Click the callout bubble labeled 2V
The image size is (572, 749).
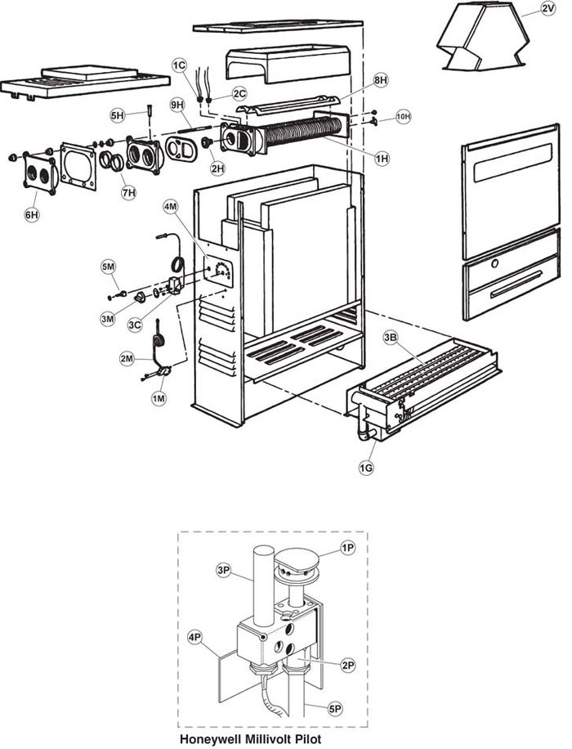(x=548, y=9)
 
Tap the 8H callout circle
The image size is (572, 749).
(x=381, y=80)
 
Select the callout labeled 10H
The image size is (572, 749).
(x=404, y=116)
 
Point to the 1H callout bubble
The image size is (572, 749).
(x=382, y=158)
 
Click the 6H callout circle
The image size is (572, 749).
(x=32, y=215)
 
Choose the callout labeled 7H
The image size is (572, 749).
(x=128, y=192)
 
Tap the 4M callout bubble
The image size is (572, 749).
(x=171, y=206)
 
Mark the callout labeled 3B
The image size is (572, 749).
(x=390, y=339)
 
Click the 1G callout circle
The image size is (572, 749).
(x=366, y=468)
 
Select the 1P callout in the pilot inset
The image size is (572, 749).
(x=347, y=549)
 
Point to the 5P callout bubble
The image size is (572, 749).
(x=335, y=710)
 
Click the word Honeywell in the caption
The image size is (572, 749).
(x=210, y=739)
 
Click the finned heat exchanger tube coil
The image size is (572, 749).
(x=303, y=131)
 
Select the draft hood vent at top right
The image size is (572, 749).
(x=482, y=36)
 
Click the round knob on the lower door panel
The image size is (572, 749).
(x=495, y=263)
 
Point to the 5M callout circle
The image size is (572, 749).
(x=108, y=267)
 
